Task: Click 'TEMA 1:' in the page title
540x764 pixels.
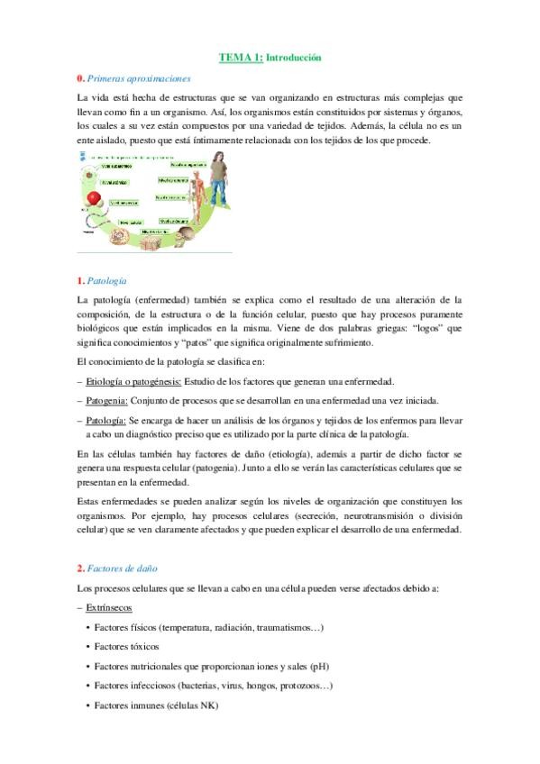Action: (x=241, y=58)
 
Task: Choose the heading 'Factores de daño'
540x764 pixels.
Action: (x=124, y=568)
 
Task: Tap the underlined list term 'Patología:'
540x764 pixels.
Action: (x=106, y=420)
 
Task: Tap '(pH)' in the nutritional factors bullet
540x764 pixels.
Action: (x=320, y=666)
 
